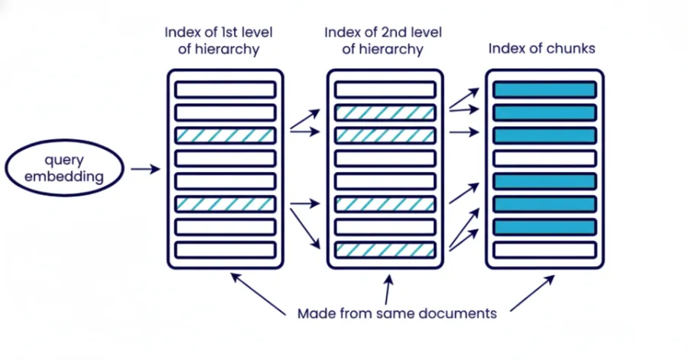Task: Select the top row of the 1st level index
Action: pos(225,89)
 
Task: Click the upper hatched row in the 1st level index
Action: pos(225,135)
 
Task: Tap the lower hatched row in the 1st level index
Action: pos(225,204)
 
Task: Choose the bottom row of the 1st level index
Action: pos(225,250)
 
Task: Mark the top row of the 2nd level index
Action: pos(385,89)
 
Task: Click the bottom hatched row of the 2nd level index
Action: pos(385,250)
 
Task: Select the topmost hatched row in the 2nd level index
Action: pos(385,112)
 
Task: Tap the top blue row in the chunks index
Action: pos(544,89)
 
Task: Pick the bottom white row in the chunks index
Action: pos(544,250)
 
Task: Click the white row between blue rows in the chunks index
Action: pos(544,158)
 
